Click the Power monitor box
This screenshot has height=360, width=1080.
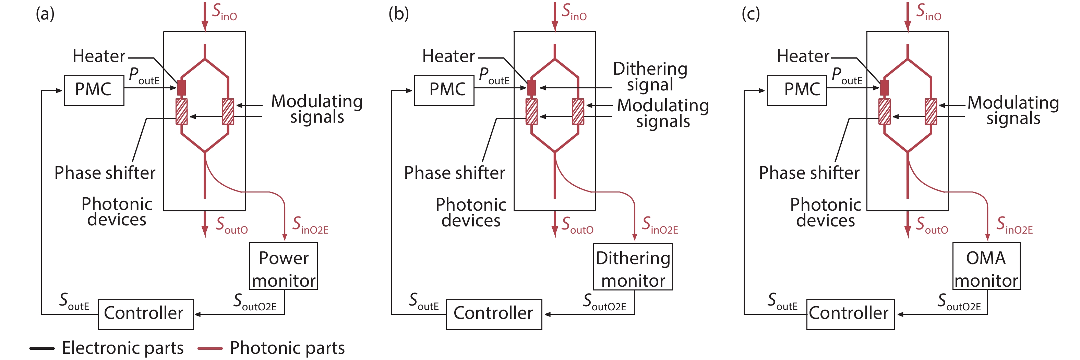[284, 266]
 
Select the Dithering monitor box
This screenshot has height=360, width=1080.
[633, 266]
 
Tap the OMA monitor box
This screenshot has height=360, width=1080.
[986, 266]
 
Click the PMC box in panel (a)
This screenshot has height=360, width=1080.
[94, 90]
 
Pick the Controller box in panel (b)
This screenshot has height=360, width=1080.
[493, 314]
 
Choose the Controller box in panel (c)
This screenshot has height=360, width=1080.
[850, 314]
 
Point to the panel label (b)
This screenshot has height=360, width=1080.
[398, 14]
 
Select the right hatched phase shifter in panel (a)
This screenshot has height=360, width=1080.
[228, 111]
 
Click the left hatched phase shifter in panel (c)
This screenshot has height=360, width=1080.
[884, 111]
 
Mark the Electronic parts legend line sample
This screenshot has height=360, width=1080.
[42, 348]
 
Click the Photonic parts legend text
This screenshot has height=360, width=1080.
[287, 348]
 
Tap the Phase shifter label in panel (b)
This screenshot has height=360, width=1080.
[455, 173]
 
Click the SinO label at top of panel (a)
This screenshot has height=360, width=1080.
[224, 12]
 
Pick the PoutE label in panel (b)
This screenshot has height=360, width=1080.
[494, 76]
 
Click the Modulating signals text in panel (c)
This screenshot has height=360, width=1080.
[1013, 110]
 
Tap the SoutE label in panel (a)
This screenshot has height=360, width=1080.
[74, 302]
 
